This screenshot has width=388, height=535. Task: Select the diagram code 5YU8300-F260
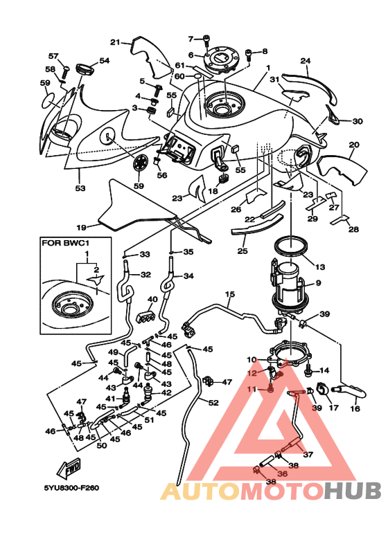coord(71,488)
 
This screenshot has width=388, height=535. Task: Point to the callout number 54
coord(105,61)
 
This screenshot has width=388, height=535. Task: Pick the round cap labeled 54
coord(85,69)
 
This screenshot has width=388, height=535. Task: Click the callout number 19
coord(81,226)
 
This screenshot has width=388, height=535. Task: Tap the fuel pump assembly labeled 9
coord(289,287)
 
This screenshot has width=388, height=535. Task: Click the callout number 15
coord(230,293)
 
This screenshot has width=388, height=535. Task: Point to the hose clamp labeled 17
coord(322,389)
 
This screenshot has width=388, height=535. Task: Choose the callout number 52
coord(213,403)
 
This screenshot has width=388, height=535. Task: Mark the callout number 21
coord(115,42)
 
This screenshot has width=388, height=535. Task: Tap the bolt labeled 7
coord(206,41)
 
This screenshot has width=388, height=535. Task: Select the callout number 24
coord(306,61)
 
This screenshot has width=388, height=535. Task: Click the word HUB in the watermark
coord(352,491)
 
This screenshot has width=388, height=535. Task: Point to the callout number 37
coord(308,454)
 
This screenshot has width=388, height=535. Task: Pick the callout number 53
coord(80,188)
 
